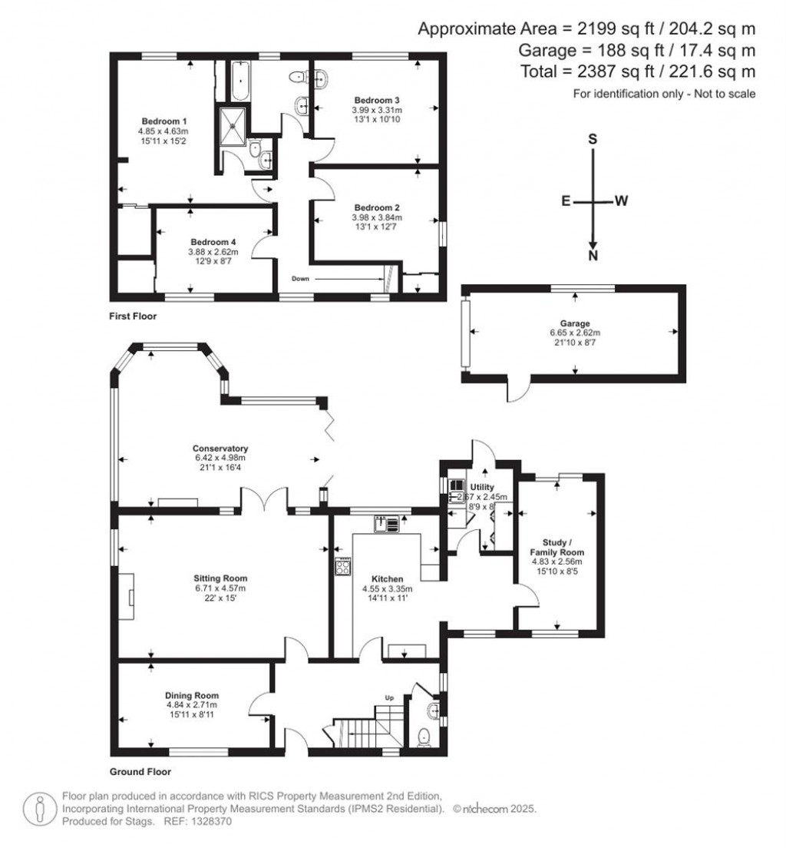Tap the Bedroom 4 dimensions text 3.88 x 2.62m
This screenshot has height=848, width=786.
pos(213,251)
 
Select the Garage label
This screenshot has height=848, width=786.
pos(573,323)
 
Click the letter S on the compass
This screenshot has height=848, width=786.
pos(592,139)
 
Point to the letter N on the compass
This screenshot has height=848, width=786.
pos(592,257)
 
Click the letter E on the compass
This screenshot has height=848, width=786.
pos(565,201)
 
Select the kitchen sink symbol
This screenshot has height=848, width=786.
pos(388,524)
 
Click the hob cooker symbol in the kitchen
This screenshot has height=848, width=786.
pos(342,567)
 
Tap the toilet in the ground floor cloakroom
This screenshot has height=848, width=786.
pos(424,738)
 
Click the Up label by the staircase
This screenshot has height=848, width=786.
pos(389,698)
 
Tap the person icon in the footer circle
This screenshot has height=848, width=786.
pos(39,809)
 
